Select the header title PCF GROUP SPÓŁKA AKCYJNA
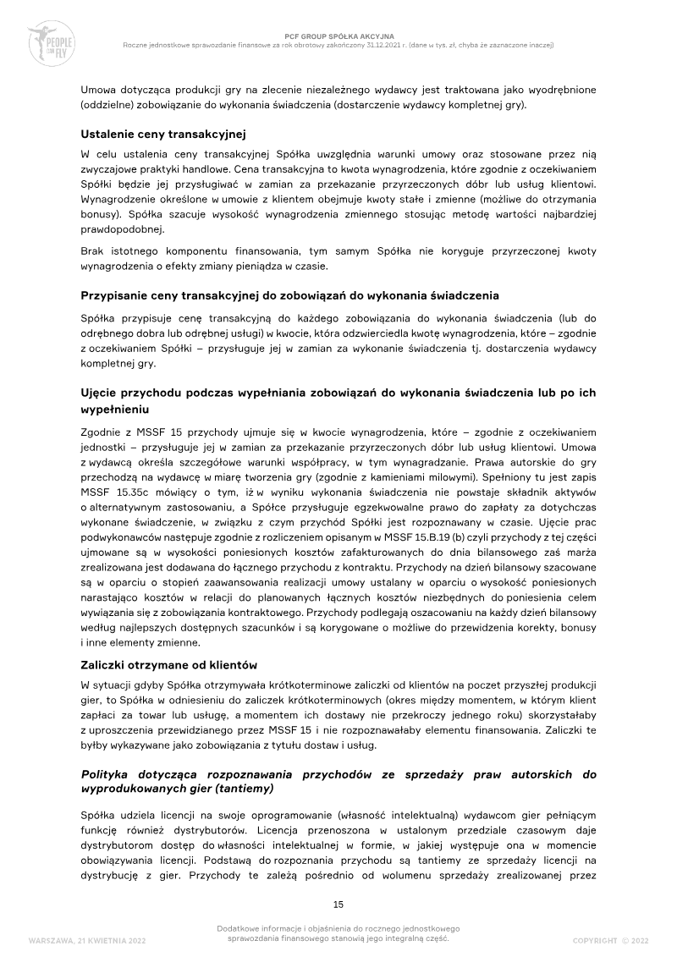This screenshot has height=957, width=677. tap(338, 36)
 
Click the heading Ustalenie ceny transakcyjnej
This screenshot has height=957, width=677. tap(162, 134)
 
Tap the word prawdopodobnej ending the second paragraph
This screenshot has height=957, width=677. tap(122, 229)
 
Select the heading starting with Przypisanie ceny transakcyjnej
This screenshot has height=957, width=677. tap(289, 296)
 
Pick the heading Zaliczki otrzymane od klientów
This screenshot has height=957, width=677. tap(168, 665)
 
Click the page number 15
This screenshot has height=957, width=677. tap(338, 905)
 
